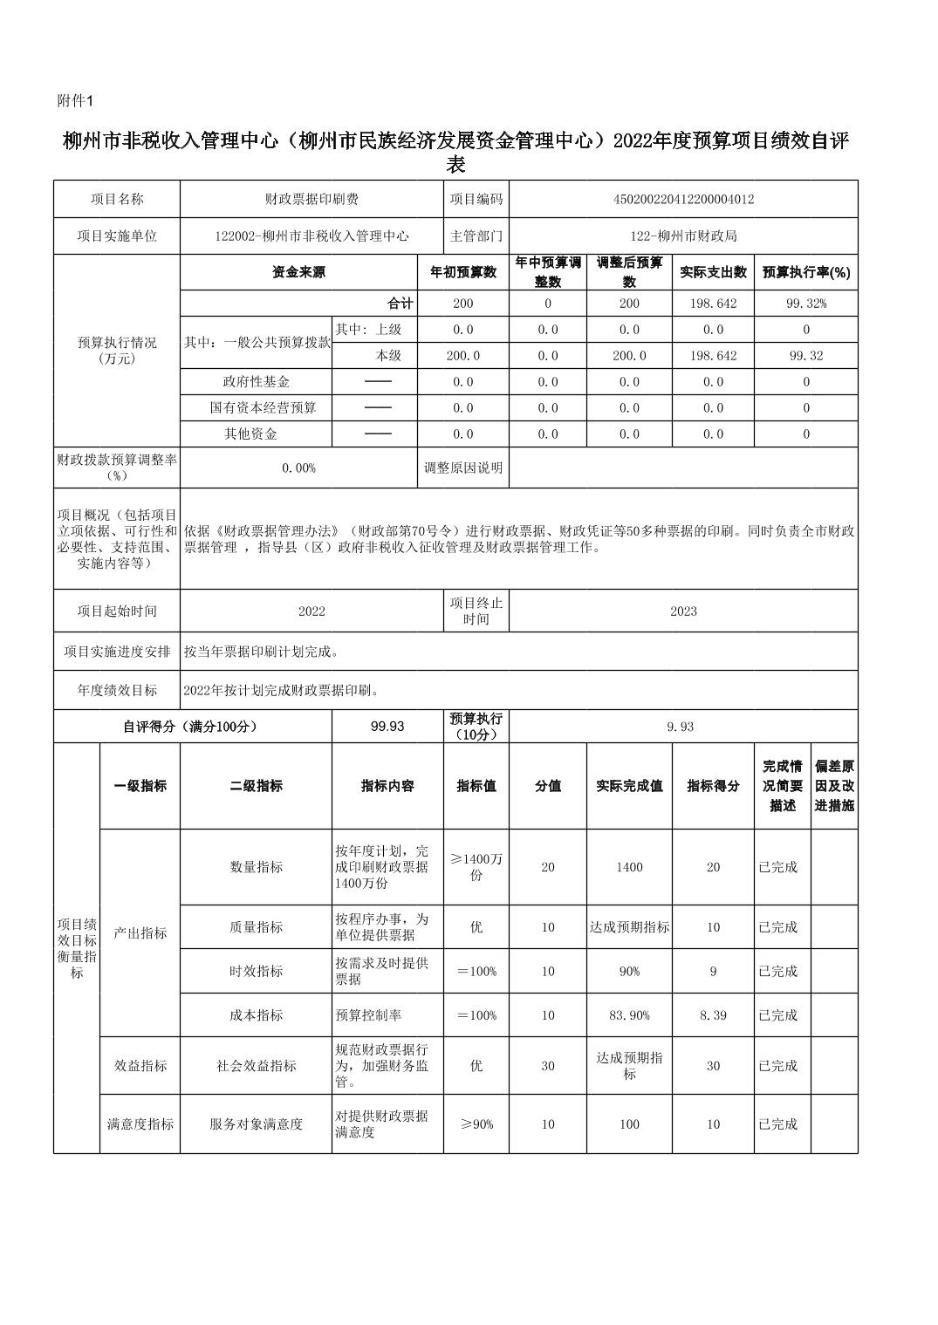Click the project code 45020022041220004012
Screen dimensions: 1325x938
pos(683,199)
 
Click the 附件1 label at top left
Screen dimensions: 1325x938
pos(74,101)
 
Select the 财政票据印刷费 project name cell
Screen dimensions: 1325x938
pos(312,199)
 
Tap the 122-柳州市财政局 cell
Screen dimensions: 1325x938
pos(683,236)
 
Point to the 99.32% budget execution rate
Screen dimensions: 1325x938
pos(806,304)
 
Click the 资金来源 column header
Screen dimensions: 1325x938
pos(298,272)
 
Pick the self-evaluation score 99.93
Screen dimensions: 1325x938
pos(387,726)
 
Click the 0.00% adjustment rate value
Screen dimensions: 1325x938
pos(298,468)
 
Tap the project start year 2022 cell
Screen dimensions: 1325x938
pos(312,611)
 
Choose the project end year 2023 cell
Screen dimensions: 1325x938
pos(683,611)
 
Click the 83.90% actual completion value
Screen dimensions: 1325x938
pos(629,1015)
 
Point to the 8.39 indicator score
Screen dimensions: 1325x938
pos(713,1015)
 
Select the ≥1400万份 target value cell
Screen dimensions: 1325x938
pos(476,867)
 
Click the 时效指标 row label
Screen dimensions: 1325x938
pos(256,972)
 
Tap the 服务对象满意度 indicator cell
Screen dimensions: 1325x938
pos(256,1124)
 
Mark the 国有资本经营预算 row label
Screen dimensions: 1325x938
pos(263,407)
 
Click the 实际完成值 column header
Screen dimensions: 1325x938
pos(629,786)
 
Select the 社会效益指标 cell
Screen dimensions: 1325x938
pos(256,1066)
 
